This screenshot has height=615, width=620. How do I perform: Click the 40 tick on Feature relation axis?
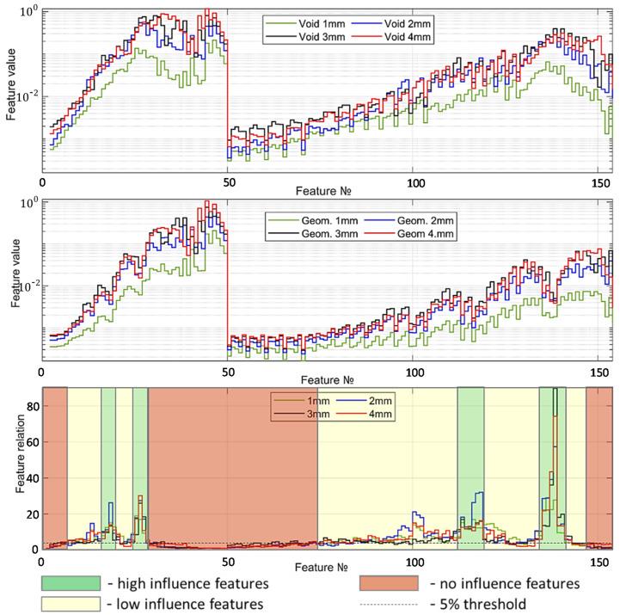[32, 477]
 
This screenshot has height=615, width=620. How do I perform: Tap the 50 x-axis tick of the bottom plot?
[228, 561]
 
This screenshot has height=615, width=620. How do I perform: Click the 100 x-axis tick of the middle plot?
[414, 372]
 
